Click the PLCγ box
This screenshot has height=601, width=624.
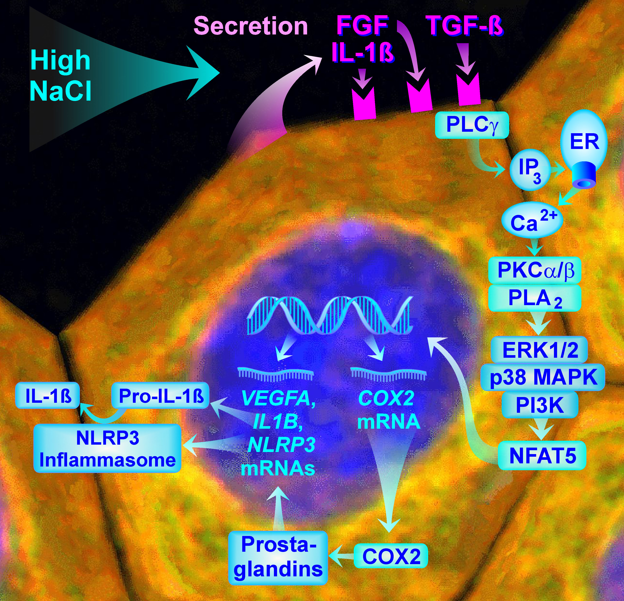pos(472,125)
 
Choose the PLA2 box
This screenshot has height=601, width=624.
pos(535,298)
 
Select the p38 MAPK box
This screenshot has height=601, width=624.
pos(542,377)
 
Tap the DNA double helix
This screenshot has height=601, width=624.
pos(330,315)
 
